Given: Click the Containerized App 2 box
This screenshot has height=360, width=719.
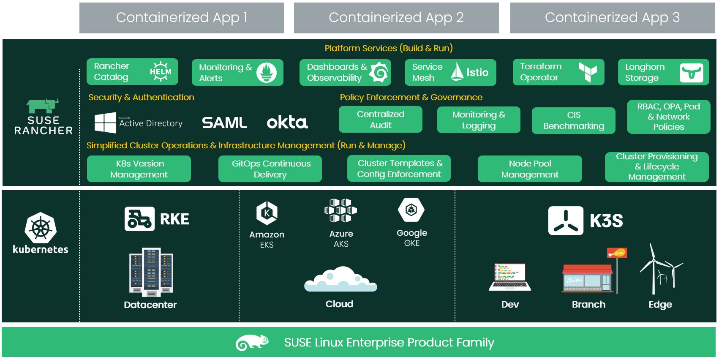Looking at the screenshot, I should point(396,18).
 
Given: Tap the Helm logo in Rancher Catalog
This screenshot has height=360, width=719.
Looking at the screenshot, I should point(161,71).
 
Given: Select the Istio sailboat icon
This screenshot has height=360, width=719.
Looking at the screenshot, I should point(457,71).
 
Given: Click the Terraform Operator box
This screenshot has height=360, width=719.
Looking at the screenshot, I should point(558,72).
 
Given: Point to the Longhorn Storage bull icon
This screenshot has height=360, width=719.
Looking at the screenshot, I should point(691,73).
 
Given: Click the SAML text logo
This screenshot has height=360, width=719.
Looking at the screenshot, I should point(224,123).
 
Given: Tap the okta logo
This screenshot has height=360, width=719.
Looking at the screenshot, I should point(287,122).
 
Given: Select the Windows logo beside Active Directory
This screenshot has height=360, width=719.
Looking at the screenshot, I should point(105,123).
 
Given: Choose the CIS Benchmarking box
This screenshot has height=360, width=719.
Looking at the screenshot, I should point(573,120).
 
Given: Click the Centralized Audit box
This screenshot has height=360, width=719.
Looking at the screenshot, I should point(380,120).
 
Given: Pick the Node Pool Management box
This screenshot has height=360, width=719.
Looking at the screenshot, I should point(529,169).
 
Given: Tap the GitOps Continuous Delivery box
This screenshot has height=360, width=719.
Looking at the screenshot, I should point(270,169).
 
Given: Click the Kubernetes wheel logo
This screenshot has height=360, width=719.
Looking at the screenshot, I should point(41,228).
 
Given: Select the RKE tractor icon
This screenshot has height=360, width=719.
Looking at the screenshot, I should point(139,219).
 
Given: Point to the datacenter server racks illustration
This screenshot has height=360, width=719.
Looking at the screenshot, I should point(151,272).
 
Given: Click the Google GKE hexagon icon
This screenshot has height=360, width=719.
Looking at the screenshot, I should point(411,210).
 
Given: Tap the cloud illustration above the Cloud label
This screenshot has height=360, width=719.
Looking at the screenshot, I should point(340,279).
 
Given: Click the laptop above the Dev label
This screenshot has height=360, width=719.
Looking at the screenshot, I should point(510,277).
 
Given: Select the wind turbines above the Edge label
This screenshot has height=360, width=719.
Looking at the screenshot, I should point(660,269).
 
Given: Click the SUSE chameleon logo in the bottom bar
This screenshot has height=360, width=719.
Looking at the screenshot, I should point(252,342).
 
